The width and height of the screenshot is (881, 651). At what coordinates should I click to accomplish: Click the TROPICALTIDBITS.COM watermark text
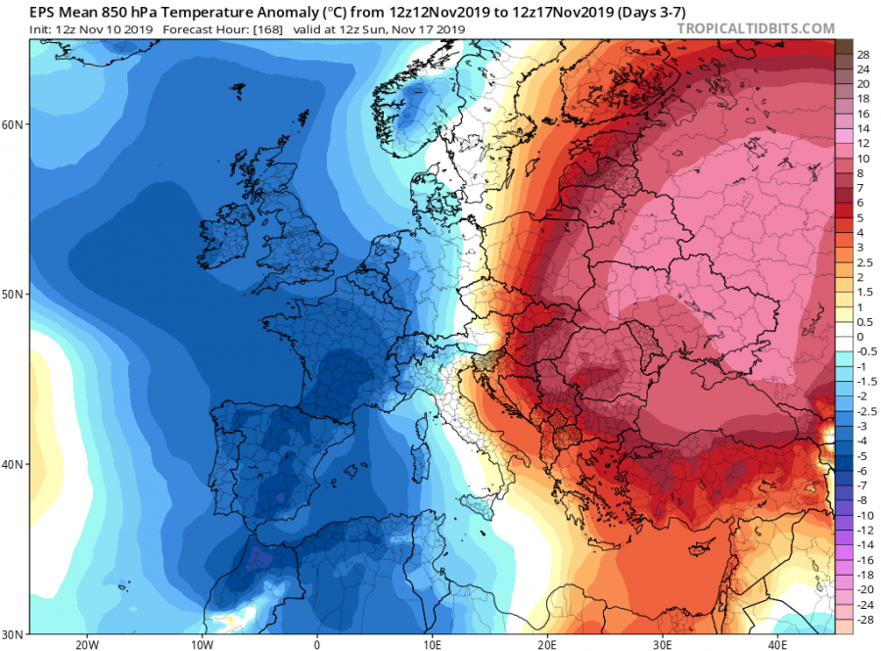tap(755, 29)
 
